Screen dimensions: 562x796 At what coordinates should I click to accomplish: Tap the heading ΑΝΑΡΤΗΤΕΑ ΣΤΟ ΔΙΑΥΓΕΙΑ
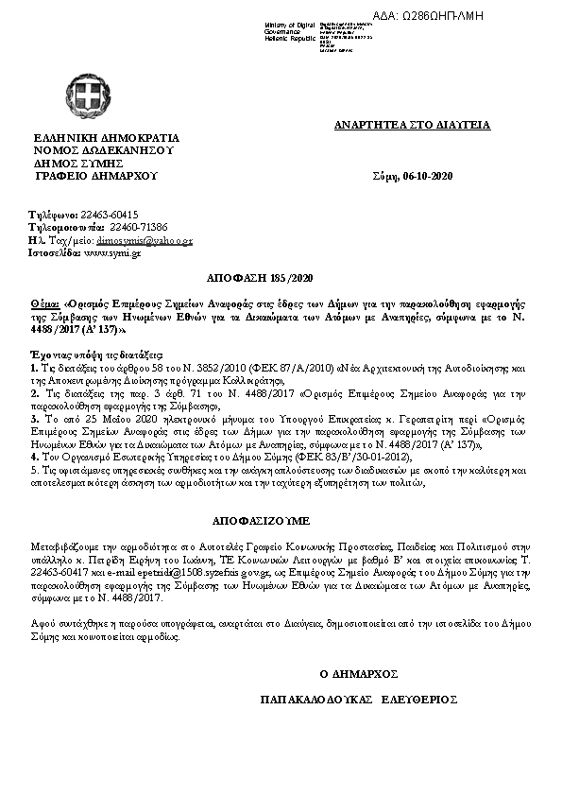click(413, 126)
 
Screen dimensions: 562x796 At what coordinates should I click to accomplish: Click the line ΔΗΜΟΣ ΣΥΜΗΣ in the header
click(78, 163)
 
